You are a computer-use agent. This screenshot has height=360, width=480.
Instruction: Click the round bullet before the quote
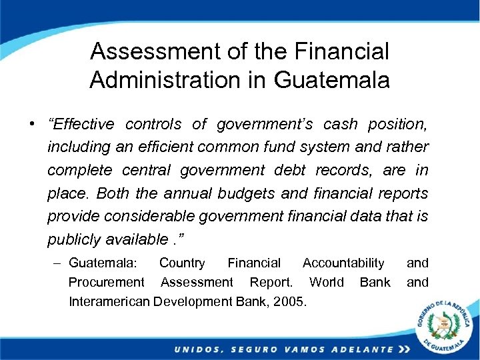[32, 125]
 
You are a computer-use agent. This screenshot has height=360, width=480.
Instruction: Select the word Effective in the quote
[81, 125]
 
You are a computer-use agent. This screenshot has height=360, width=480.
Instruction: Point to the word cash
[343, 125]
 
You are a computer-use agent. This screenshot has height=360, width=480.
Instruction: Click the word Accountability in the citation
[343, 263]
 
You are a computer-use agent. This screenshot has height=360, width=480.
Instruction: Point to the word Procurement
[106, 282]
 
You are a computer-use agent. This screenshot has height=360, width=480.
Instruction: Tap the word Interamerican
[109, 301]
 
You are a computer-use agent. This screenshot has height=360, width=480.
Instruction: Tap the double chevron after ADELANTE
[403, 349]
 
